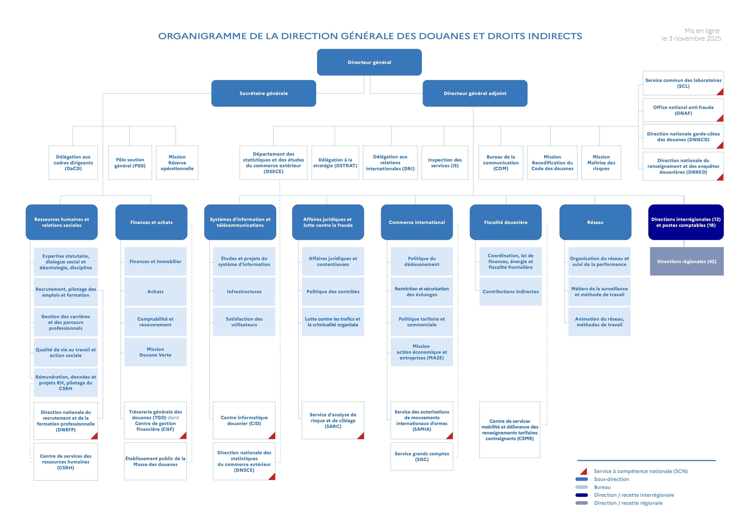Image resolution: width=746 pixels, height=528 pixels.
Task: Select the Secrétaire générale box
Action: pos(263,93)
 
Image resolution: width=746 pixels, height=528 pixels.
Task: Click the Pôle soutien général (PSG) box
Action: pos(130,163)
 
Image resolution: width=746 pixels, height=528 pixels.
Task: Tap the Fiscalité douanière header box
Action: pos(506,222)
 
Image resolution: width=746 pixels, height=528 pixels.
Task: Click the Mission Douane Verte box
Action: pos(155,352)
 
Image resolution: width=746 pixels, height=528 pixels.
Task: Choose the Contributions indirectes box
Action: pos(510,292)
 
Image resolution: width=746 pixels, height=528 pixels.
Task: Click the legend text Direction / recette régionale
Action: pos(628,503)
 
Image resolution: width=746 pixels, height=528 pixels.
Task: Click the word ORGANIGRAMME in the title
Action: pos(202,36)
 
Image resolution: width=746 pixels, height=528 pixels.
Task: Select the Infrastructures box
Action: pos(244,292)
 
